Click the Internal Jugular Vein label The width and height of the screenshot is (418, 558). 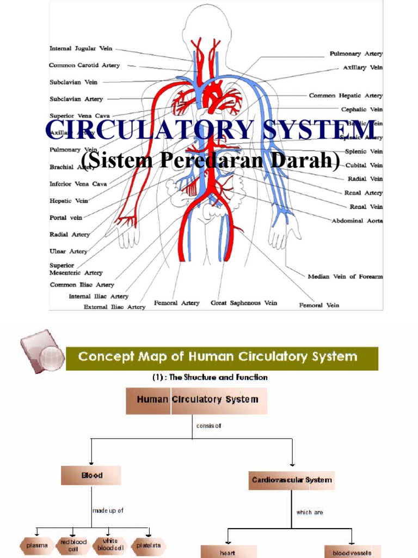(81, 48)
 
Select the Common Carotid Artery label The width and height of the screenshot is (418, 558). (84, 65)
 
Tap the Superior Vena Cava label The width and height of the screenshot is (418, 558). (79, 116)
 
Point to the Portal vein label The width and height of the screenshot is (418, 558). (66, 217)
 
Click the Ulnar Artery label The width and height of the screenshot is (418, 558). (69, 251)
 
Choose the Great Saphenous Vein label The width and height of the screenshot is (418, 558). (244, 303)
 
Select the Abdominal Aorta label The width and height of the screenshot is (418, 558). (357, 221)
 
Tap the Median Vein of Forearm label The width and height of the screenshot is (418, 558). (345, 277)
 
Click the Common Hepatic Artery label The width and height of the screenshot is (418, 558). (346, 95)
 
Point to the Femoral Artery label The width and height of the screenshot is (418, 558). (177, 303)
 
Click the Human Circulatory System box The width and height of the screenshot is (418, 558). (197, 400)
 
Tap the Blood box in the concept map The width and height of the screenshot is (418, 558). (91, 476)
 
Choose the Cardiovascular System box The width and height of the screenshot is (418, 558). (291, 480)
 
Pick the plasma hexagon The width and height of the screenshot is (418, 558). (37, 545)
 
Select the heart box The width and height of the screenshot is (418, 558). (228, 553)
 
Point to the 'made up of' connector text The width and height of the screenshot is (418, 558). (108, 511)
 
